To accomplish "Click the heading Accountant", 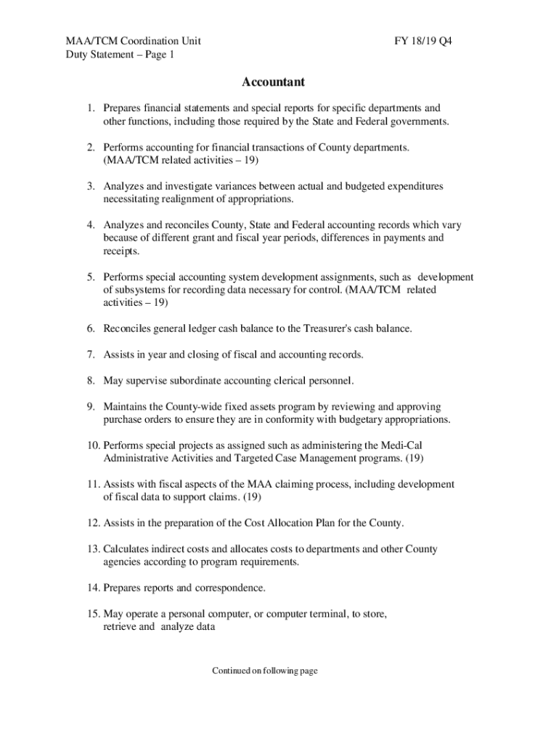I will coord(273,82).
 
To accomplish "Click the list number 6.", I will coord(91,328).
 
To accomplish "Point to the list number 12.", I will coord(94,523).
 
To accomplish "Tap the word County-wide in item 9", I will coord(187,407).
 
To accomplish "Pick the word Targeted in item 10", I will coord(251,458).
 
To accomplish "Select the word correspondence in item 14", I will coord(229,588).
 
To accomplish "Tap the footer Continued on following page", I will coord(265,671).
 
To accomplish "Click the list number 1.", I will coord(91,108).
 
